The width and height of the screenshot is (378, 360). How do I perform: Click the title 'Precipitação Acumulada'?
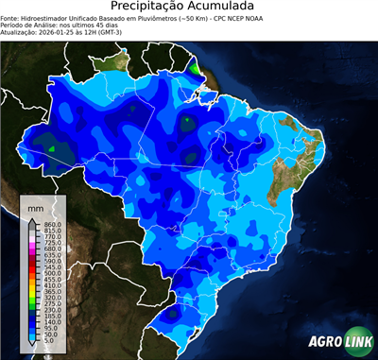pyautogui.click(x=189, y=8)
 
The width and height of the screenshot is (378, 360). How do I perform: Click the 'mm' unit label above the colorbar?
pyautogui.click(x=36, y=207)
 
